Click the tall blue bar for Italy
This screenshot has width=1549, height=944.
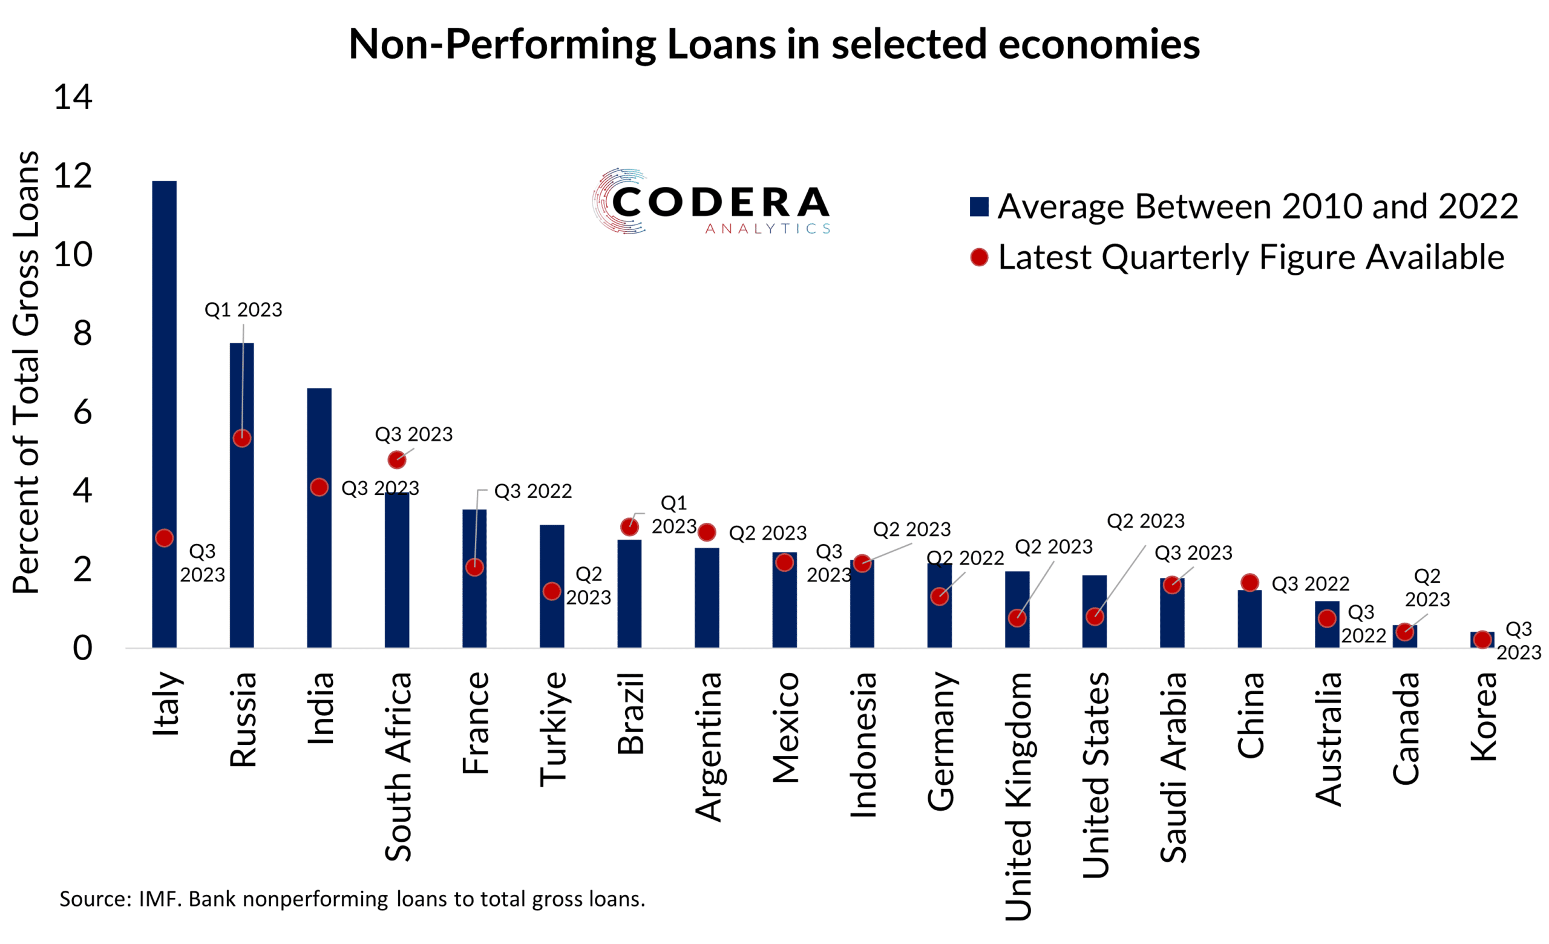pyautogui.click(x=164, y=377)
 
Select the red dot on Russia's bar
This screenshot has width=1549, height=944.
pyautogui.click(x=242, y=438)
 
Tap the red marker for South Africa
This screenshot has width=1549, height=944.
pyautogui.click(x=397, y=460)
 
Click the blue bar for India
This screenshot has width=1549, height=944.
pyautogui.click(x=319, y=566)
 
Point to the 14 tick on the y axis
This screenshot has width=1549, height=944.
pyautogui.click(x=73, y=97)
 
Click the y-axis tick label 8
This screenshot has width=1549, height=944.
pyautogui.click(x=82, y=334)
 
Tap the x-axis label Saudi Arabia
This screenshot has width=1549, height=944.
pyautogui.click(x=1173, y=767)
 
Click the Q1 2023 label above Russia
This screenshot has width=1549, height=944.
pyautogui.click(x=243, y=310)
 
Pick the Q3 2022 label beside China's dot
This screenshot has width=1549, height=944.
pyautogui.click(x=1310, y=584)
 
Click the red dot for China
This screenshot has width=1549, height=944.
pyautogui.click(x=1249, y=583)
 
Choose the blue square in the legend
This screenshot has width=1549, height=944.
pyautogui.click(x=979, y=207)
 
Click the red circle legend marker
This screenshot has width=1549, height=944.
pyautogui.click(x=979, y=257)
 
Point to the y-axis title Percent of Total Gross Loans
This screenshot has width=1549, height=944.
pyautogui.click(x=27, y=372)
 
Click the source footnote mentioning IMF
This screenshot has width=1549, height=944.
pyautogui.click(x=352, y=899)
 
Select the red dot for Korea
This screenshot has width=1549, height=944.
pyautogui.click(x=1482, y=640)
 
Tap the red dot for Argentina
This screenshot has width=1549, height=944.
pyautogui.click(x=707, y=533)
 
